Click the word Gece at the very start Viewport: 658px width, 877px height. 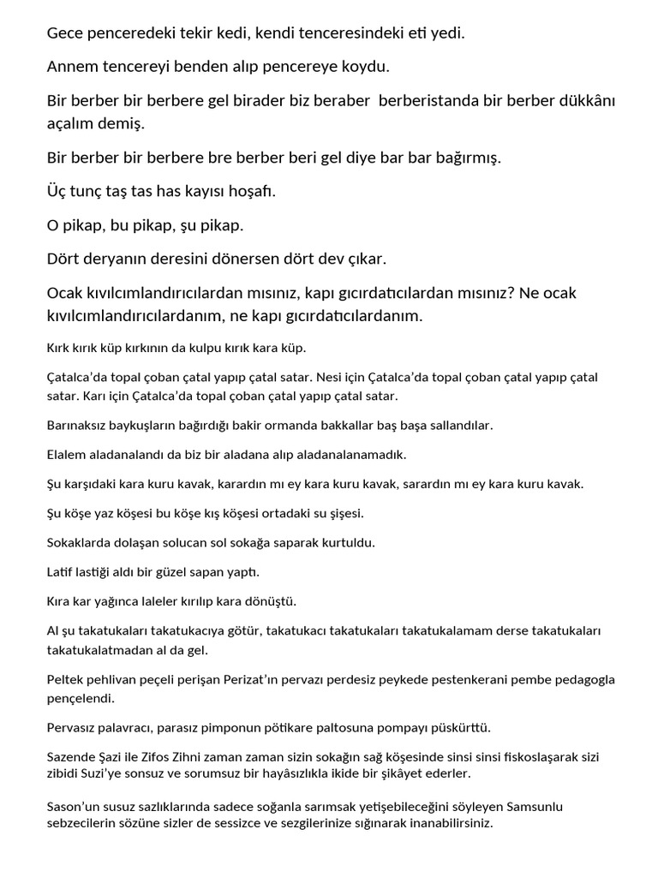(65, 34)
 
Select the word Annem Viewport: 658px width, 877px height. (72, 67)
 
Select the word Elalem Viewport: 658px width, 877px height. (67, 454)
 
